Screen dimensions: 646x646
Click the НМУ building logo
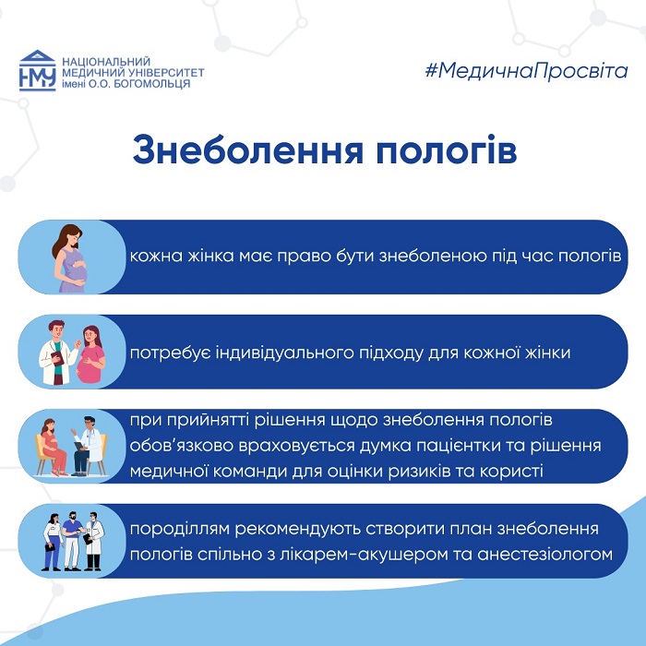pos(38,70)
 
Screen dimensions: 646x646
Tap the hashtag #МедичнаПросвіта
pos(526,71)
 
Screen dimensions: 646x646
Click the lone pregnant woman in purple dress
pos(70,258)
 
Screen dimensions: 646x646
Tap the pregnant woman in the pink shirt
pos(91,354)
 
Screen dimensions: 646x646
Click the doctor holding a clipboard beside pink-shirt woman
pos(57,353)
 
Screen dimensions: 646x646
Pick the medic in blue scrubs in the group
pos(73,541)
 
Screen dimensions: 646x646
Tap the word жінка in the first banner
pos(210,256)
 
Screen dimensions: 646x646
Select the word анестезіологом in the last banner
pos(544,555)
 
